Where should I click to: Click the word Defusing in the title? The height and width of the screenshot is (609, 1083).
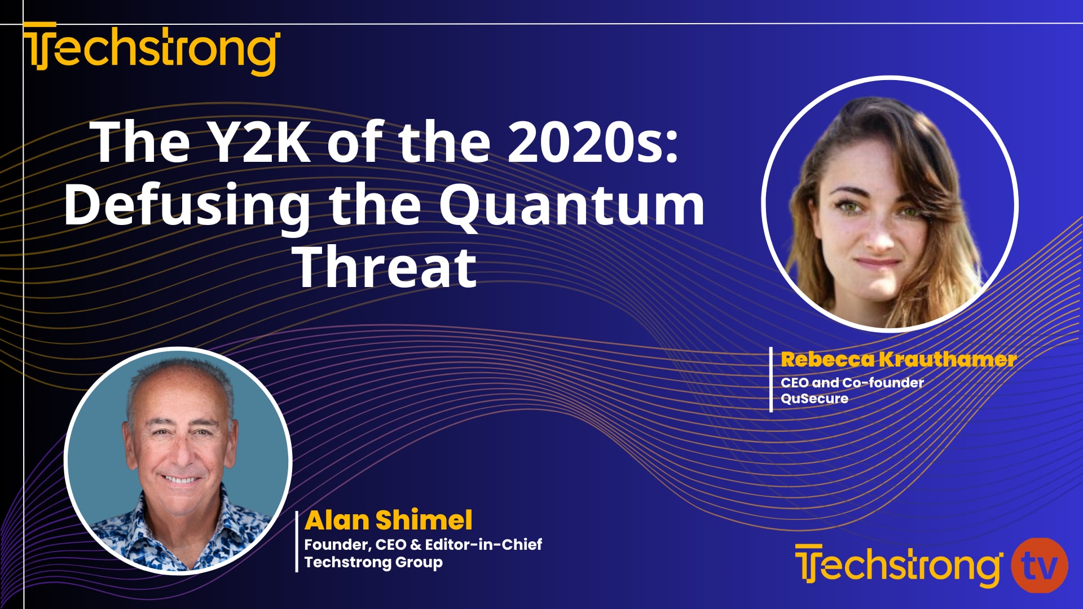(187, 205)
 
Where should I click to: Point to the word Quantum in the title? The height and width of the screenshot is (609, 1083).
(571, 205)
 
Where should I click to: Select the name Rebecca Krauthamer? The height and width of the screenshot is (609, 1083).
(898, 359)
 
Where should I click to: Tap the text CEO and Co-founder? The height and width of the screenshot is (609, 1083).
(852, 382)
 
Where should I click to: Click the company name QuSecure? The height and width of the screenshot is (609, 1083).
(814, 399)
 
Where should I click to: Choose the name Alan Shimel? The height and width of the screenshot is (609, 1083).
(388, 520)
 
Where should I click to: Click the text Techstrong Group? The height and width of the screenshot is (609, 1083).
(373, 562)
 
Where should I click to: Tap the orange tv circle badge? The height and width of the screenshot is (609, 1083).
(1039, 566)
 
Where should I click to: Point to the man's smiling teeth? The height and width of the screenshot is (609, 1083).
(180, 480)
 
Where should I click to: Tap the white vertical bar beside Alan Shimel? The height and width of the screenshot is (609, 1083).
(297, 541)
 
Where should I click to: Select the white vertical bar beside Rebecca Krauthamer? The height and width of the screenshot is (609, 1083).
(771, 379)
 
